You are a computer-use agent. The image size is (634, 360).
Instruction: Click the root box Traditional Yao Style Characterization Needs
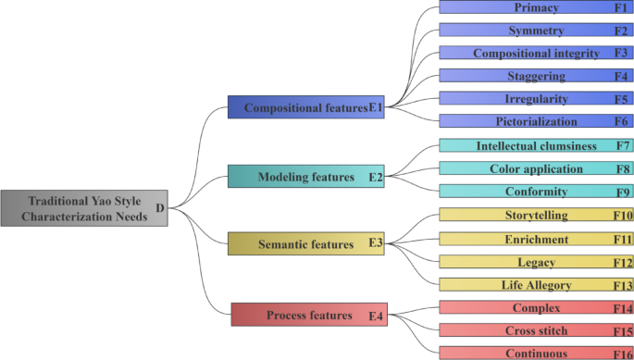[x=84, y=208]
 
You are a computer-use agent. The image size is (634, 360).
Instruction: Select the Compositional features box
[x=305, y=107]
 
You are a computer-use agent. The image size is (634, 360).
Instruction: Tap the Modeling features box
[x=305, y=176]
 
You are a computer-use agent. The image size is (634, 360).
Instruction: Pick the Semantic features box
[x=305, y=244]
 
